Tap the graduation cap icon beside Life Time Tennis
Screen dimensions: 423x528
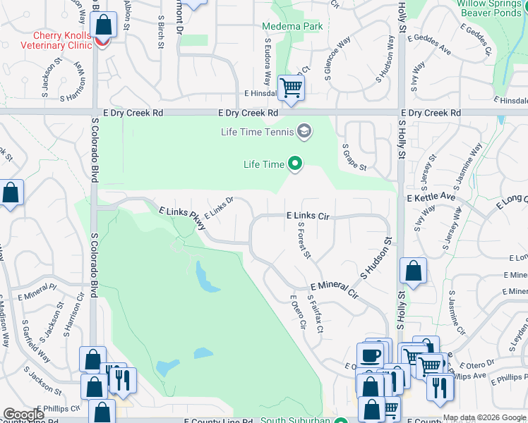click(304, 131)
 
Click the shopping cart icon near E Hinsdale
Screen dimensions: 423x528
click(291, 88)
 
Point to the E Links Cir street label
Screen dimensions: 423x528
click(308, 215)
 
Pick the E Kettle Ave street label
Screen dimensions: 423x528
click(431, 197)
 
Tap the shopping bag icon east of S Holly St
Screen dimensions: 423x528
click(413, 271)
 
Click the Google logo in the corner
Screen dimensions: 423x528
click(23, 415)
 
